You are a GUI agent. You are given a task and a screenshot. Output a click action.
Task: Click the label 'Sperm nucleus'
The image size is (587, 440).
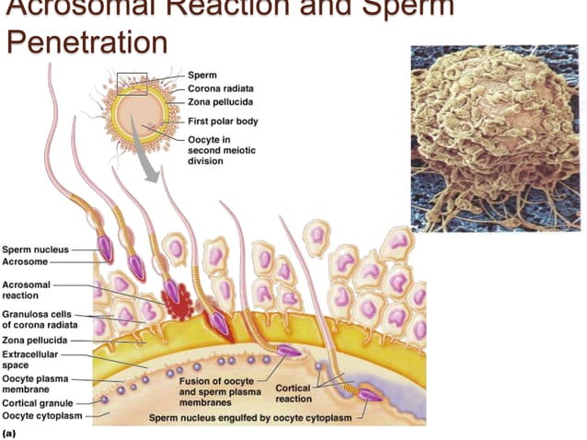click(33, 249)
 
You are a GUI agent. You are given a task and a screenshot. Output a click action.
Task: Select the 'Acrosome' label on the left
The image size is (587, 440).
click(25, 262)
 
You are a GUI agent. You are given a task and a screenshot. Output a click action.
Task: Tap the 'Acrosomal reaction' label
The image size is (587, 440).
click(26, 290)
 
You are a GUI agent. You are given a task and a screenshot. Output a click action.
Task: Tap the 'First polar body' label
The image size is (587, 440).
click(223, 121)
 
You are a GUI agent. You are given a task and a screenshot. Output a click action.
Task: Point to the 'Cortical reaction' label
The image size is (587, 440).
click(293, 393)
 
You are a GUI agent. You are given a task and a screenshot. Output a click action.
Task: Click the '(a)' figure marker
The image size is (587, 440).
click(10, 430)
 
